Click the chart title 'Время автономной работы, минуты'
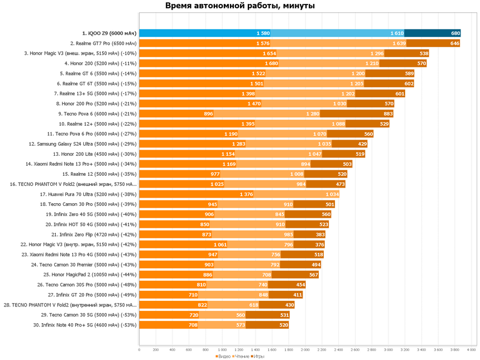click(240, 6)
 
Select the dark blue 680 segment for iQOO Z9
click(433, 33)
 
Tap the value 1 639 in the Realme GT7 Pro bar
click(399, 44)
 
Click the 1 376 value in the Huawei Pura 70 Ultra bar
click(246, 194)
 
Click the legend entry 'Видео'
click(223, 356)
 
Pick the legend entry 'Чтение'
click(241, 356)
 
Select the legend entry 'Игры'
click(258, 356)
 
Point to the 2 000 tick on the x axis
click(305, 350)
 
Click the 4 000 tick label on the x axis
click(471, 350)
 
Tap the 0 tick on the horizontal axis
click(140, 350)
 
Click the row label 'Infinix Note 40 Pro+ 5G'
click(85, 325)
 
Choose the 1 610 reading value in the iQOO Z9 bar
click(396, 33)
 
